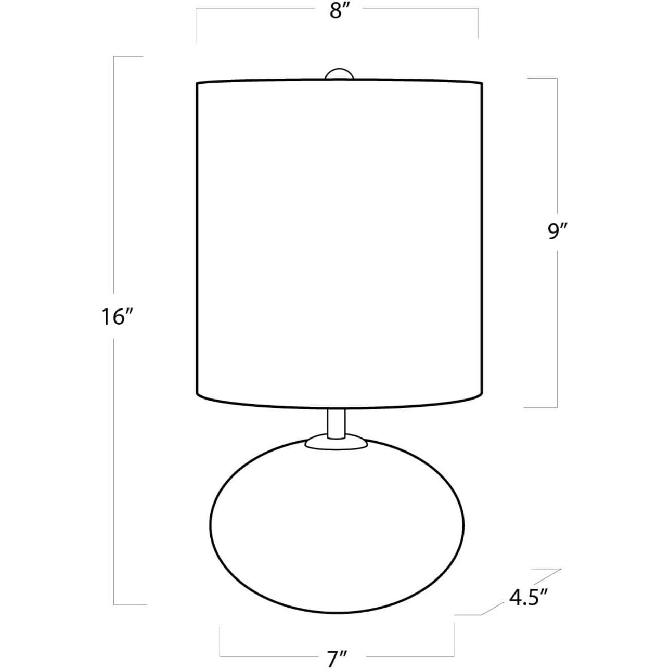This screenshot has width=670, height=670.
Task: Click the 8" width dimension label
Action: point(337,12)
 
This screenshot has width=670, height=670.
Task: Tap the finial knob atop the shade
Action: point(339,74)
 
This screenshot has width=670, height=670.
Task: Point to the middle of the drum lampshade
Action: point(339,244)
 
